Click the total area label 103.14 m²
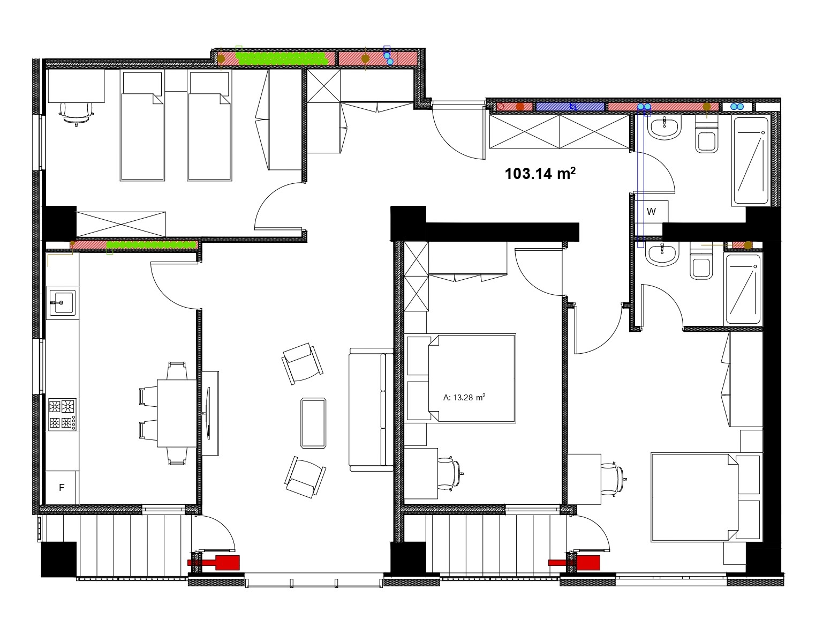[x=540, y=174]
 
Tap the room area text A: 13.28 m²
[x=464, y=397]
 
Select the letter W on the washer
[x=651, y=212]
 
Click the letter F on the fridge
[x=62, y=488]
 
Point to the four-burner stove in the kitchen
[x=62, y=414]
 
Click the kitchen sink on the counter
[x=63, y=302]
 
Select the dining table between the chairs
[x=177, y=413]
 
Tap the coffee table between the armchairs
[x=313, y=423]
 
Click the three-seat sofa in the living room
[x=371, y=409]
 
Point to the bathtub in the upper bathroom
[x=751, y=161]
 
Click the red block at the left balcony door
[x=214, y=563]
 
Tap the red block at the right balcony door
[x=574, y=563]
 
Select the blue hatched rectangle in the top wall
[x=570, y=107]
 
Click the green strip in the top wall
[x=281, y=58]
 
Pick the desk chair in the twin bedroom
[x=77, y=113]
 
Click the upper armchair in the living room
[x=303, y=363]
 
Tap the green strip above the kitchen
[x=152, y=245]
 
